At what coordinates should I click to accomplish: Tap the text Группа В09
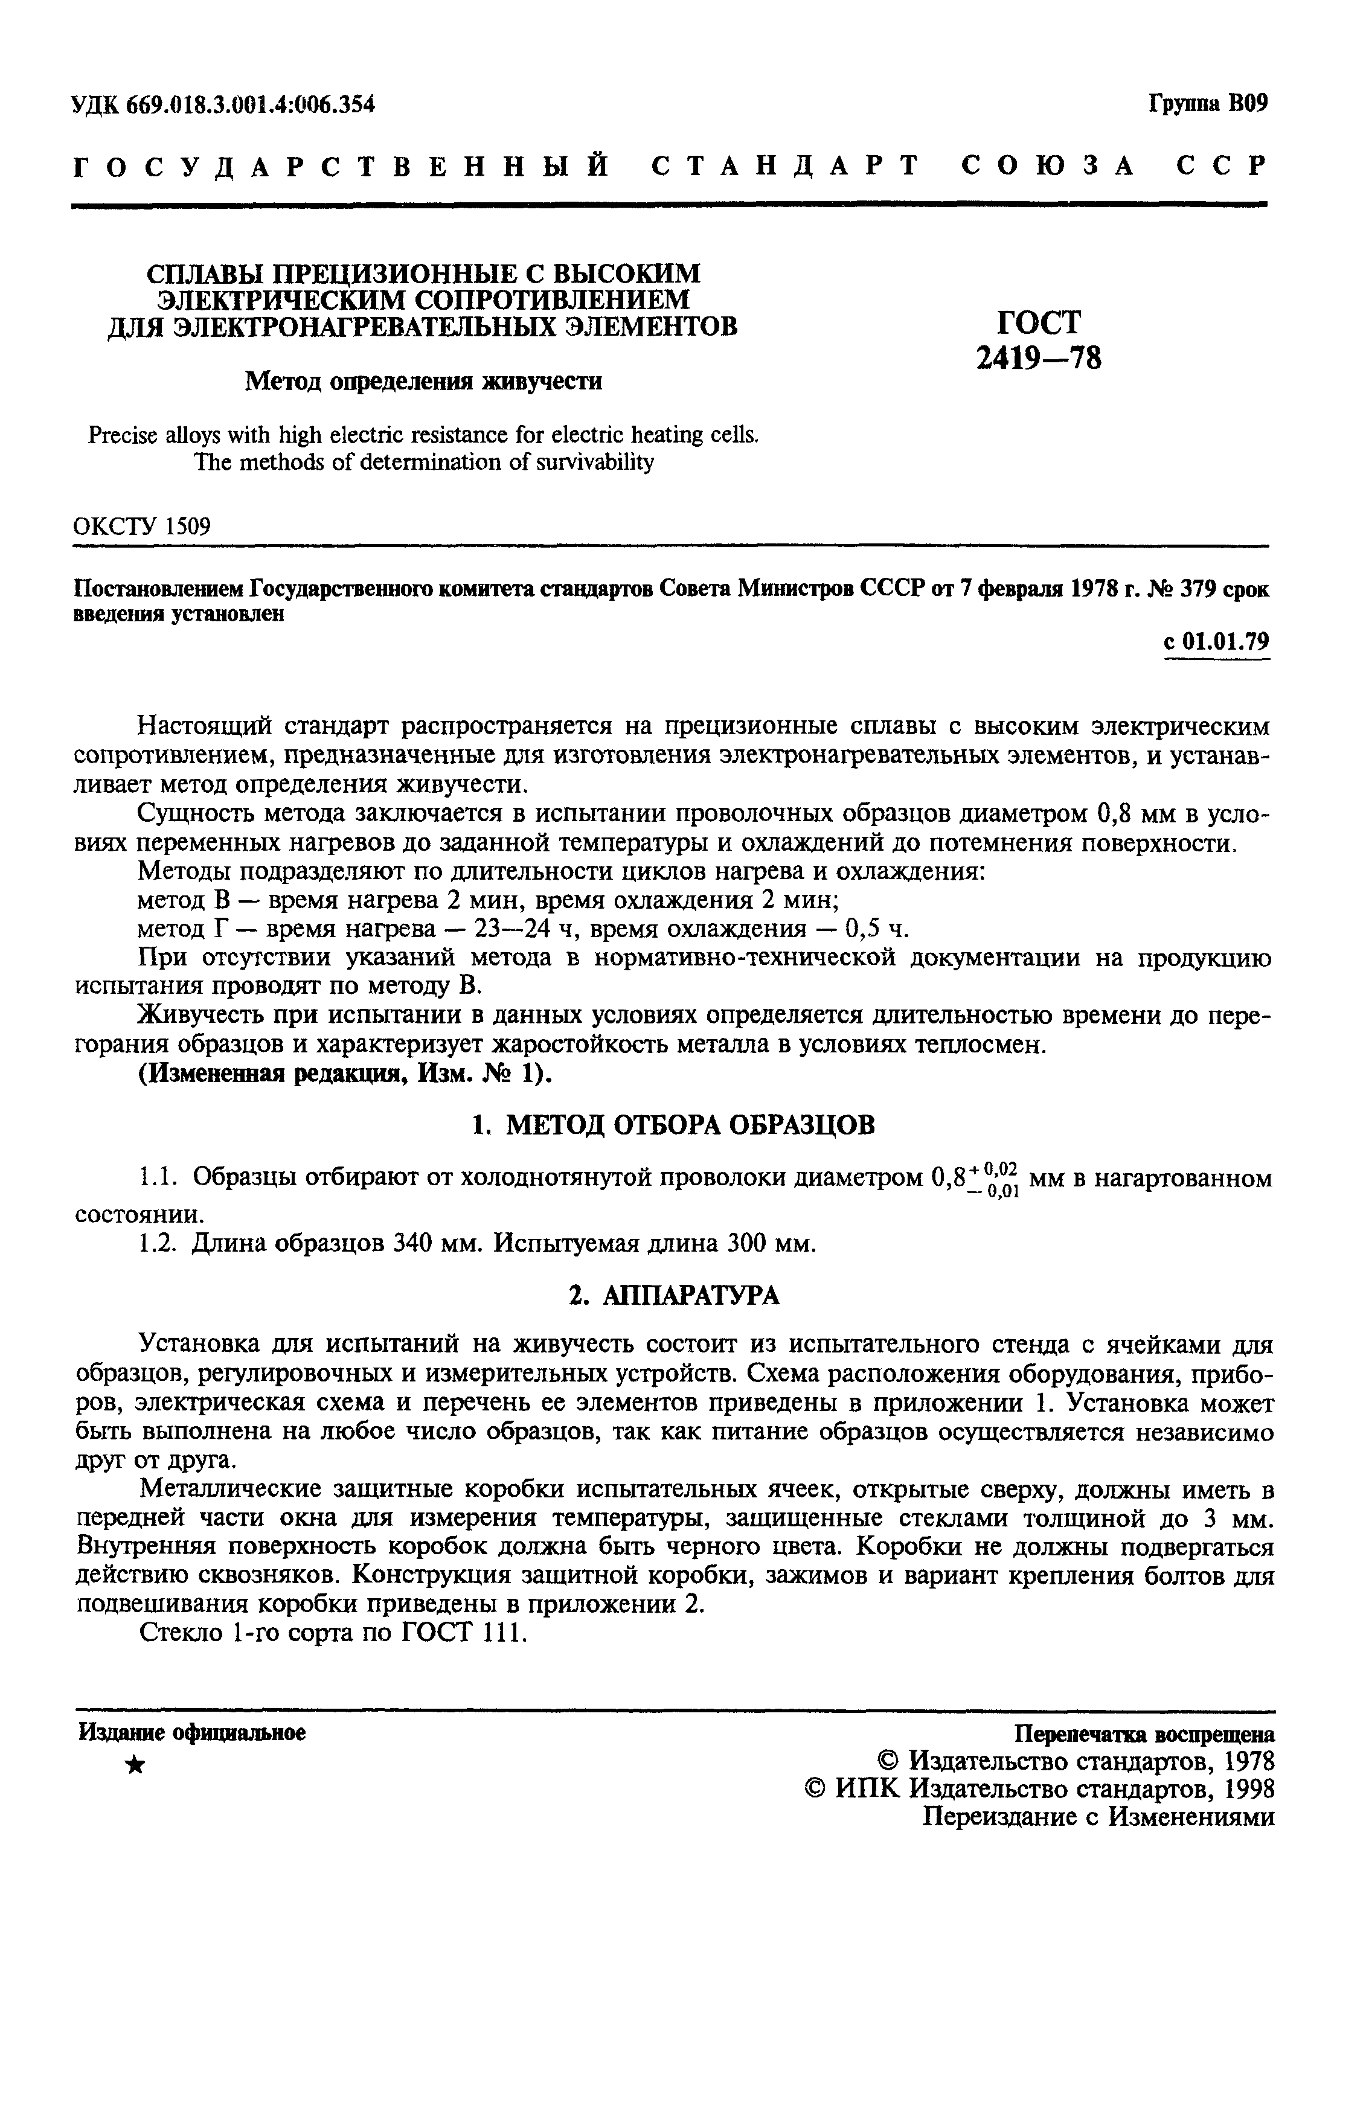point(1208,104)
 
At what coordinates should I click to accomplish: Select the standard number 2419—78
point(1039,358)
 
